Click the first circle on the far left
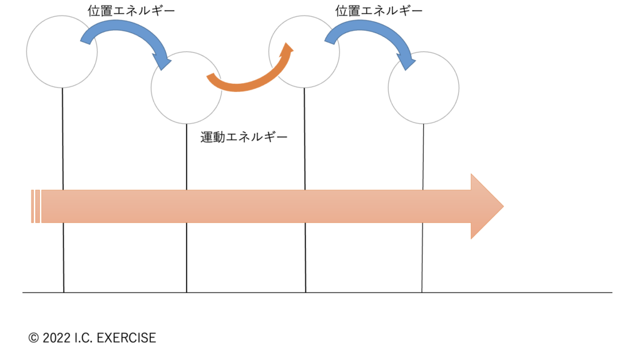(x=62, y=51)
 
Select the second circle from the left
(x=186, y=87)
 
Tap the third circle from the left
(x=304, y=51)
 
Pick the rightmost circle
(x=423, y=87)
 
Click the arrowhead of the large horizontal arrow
(x=486, y=206)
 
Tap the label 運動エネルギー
(x=244, y=137)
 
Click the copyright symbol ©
(x=34, y=338)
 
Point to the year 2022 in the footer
(x=56, y=338)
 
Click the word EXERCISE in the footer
(x=128, y=338)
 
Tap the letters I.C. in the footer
(x=86, y=338)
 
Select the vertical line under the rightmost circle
(x=423, y=157)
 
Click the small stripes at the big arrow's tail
(x=35, y=206)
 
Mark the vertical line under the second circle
(x=187, y=157)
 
